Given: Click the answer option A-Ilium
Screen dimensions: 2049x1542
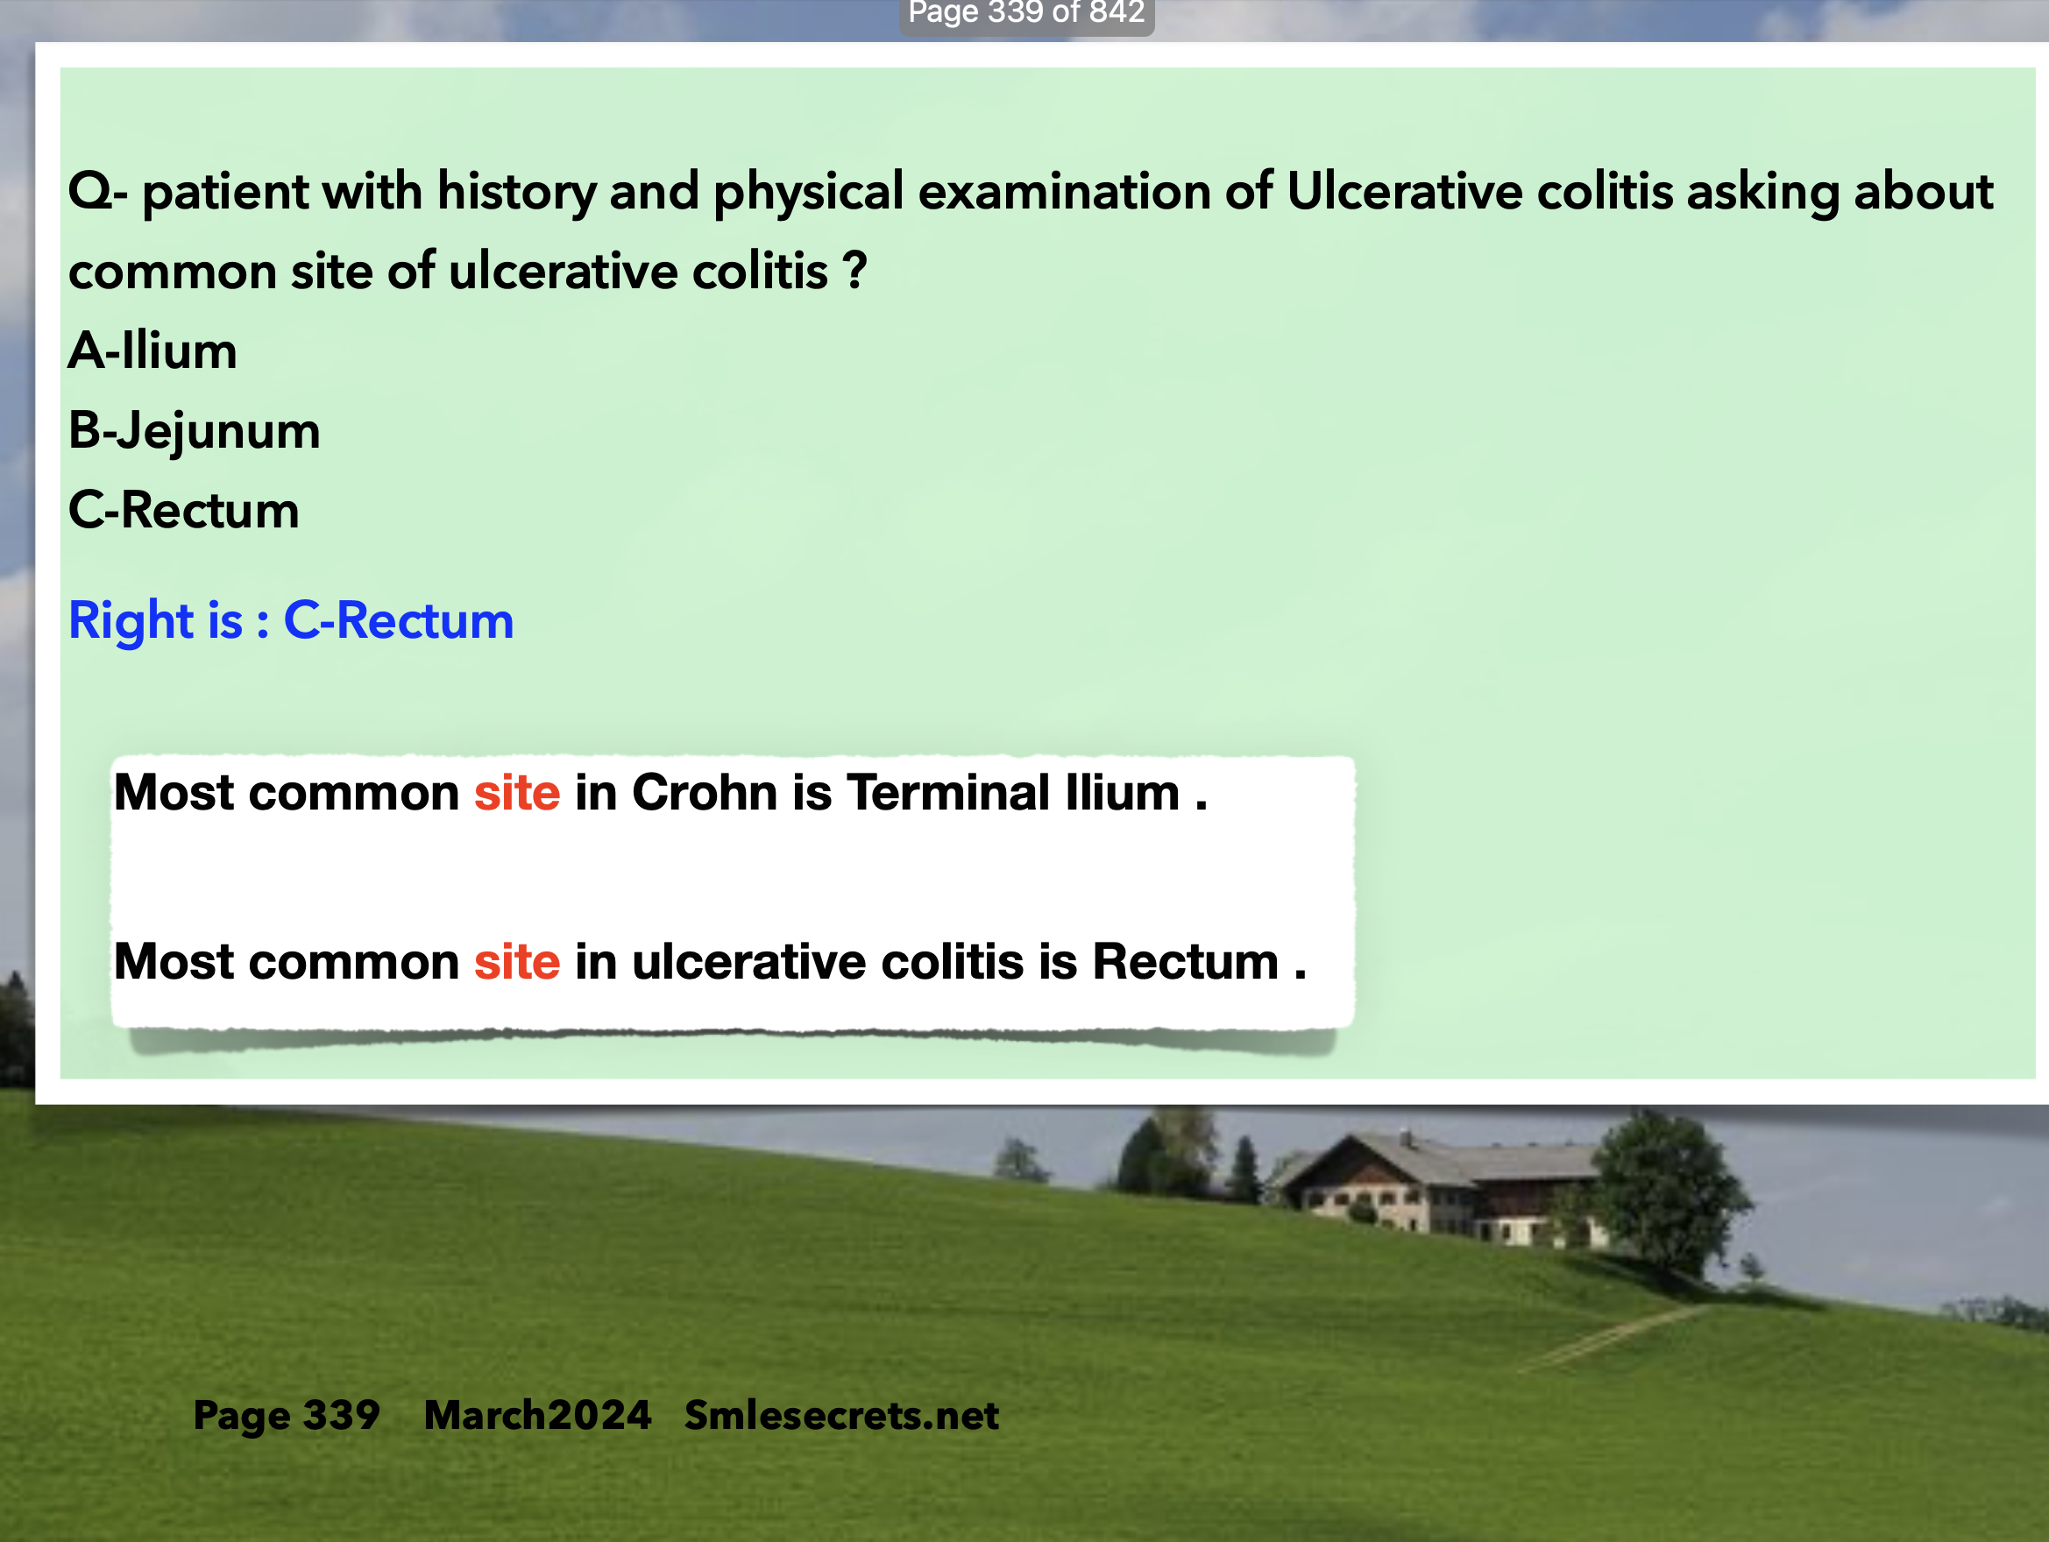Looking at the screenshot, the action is [152, 351].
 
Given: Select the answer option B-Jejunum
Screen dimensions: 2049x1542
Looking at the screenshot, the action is [195, 432].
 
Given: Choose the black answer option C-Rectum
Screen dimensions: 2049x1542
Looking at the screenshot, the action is [183, 510].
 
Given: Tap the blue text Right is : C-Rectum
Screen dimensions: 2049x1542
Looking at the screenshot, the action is [291, 620].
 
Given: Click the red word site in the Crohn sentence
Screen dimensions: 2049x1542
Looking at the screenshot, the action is [517, 793].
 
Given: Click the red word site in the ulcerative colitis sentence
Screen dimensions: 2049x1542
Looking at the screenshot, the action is [517, 961].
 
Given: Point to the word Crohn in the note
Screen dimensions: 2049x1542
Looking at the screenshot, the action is [705, 793].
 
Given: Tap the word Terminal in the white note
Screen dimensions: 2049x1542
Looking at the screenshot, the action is [948, 793].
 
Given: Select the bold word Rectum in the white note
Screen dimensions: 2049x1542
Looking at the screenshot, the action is [1186, 961].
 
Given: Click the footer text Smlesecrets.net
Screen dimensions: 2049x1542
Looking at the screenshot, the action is [842, 1415].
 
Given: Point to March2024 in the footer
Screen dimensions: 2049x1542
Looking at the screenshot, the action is [537, 1415].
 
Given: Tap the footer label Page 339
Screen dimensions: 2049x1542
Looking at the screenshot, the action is [287, 1416].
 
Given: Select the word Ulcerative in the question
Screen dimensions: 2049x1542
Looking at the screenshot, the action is [1404, 192].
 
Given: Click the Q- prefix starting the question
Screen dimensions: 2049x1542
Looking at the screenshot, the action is [98, 192].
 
